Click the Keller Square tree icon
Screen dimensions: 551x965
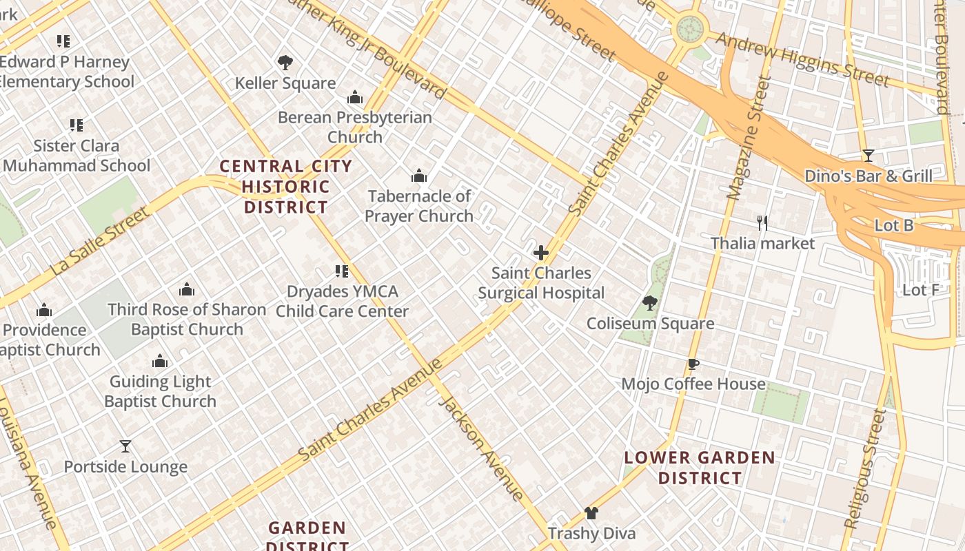pos(285,63)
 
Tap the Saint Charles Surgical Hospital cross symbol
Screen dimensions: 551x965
pos(541,253)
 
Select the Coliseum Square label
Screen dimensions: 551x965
pos(649,324)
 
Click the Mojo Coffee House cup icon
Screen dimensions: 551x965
pos(693,364)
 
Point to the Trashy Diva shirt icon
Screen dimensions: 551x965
pos(591,513)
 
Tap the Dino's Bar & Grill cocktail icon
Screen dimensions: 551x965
pos(868,156)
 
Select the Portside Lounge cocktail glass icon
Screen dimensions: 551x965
pos(125,447)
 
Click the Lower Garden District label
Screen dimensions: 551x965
pos(700,468)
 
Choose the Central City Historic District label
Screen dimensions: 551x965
pos(286,187)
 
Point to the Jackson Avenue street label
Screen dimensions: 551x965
pos(481,448)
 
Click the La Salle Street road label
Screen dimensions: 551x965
pos(101,242)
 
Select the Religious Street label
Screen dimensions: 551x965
pos(864,469)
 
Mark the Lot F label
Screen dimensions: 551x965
pos(920,290)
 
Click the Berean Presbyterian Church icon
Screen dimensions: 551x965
pos(355,97)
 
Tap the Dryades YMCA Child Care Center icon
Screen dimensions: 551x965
pos(342,271)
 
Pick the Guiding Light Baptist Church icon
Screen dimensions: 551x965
pos(160,362)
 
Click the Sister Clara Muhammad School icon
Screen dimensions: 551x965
pos(77,125)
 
